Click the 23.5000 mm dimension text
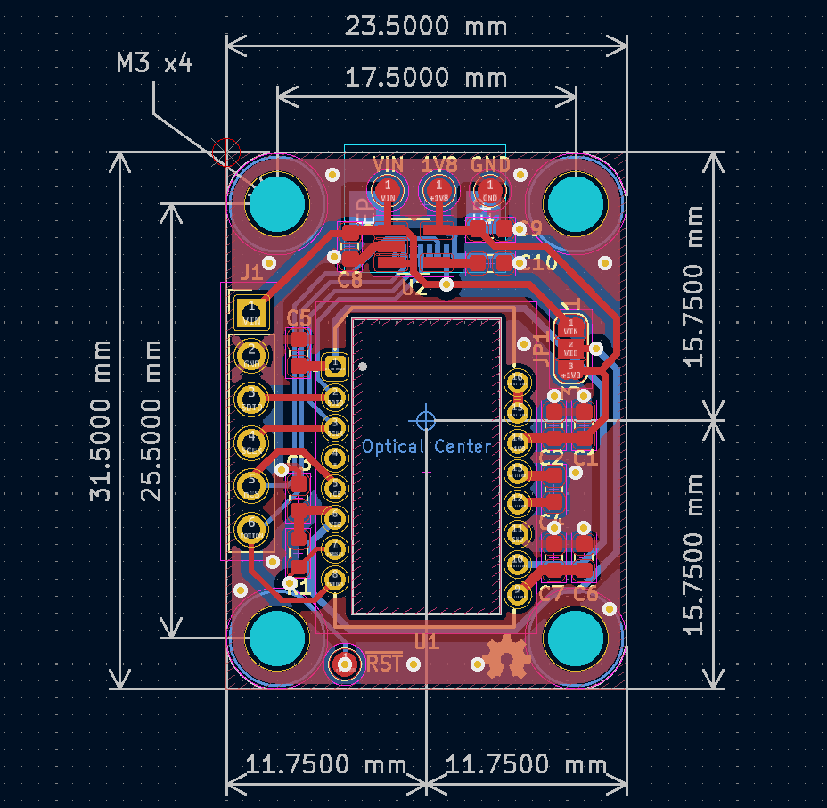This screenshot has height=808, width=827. [x=426, y=26]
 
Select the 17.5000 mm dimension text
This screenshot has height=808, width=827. [x=426, y=78]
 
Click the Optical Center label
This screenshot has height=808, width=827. [x=427, y=446]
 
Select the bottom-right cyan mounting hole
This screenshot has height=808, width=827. [x=575, y=639]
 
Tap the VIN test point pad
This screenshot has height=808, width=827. [x=388, y=189]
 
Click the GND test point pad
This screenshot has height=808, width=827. [x=489, y=189]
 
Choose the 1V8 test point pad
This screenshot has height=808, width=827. [x=438, y=189]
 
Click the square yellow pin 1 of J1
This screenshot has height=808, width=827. [x=250, y=312]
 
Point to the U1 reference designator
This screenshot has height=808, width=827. [x=427, y=641]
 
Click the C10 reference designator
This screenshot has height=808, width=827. [x=539, y=263]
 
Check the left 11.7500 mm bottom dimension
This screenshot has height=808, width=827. [x=326, y=765]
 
